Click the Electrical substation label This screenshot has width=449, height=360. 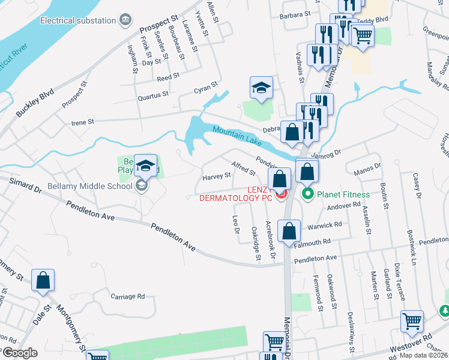tap(78, 20)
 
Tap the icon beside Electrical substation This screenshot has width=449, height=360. tap(126, 20)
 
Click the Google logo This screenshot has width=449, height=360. tap(19, 353)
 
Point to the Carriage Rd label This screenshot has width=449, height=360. tap(128, 296)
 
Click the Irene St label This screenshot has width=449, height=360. tap(83, 122)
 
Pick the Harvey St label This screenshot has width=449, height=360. tap(217, 176)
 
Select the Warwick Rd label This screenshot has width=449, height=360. tap(324, 226)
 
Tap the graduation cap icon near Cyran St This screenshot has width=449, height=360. tap(262, 88)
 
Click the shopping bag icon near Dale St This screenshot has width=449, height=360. tap(43, 280)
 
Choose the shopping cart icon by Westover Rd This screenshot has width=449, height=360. tap(412, 322)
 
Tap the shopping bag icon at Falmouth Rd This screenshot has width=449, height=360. tap(289, 232)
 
